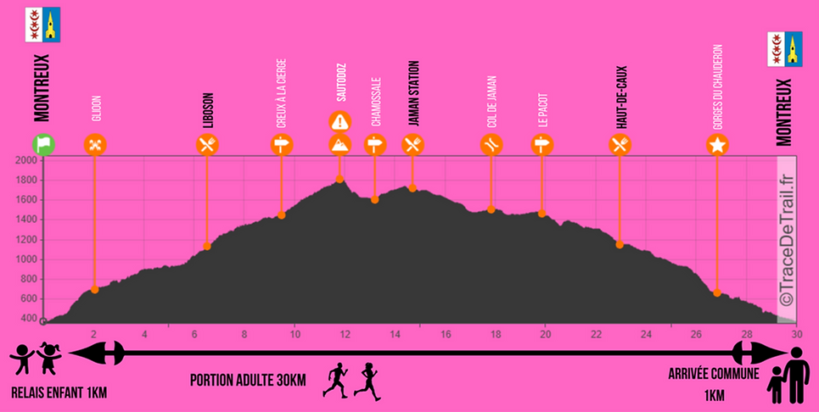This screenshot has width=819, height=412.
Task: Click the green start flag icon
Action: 43,144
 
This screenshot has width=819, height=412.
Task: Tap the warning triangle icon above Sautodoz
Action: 339,120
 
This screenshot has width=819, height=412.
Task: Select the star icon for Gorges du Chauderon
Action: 717,145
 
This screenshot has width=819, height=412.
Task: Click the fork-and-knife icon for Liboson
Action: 207,145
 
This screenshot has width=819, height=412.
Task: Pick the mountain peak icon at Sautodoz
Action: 339,144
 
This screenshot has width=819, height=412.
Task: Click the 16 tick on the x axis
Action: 446,334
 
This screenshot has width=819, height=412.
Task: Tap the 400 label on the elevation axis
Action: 28,319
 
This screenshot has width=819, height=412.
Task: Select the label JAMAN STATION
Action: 413,93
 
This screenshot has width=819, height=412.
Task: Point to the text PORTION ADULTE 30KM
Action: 247,379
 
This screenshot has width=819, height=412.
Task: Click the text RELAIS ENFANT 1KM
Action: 59,393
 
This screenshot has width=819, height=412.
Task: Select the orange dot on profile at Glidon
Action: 94,290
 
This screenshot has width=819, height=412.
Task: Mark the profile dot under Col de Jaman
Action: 491,209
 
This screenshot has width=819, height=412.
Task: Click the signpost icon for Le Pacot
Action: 541,145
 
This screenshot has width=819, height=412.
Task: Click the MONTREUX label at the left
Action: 42,89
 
